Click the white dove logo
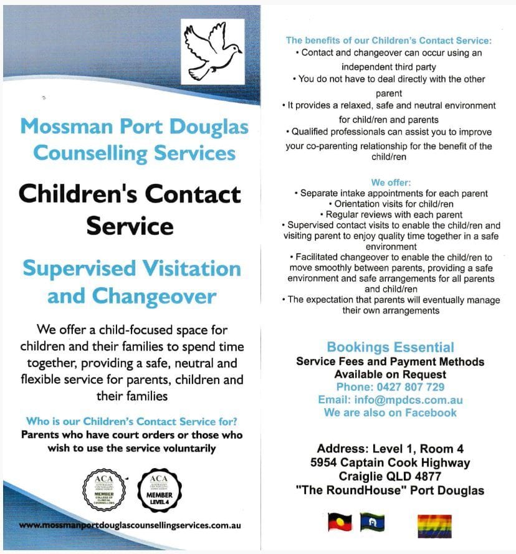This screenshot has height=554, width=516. click(213, 52)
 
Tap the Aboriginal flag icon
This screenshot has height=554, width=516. click(340, 522)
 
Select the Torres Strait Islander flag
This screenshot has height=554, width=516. click(372, 522)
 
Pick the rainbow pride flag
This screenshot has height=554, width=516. click(434, 526)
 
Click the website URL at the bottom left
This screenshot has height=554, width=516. click(130, 525)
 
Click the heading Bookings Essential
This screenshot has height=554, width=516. click(390, 347)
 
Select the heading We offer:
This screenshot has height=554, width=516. click(391, 183)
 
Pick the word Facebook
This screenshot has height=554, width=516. click(431, 413)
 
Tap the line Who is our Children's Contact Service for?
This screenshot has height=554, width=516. click(131, 421)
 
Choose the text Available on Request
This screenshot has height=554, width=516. click(390, 375)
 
